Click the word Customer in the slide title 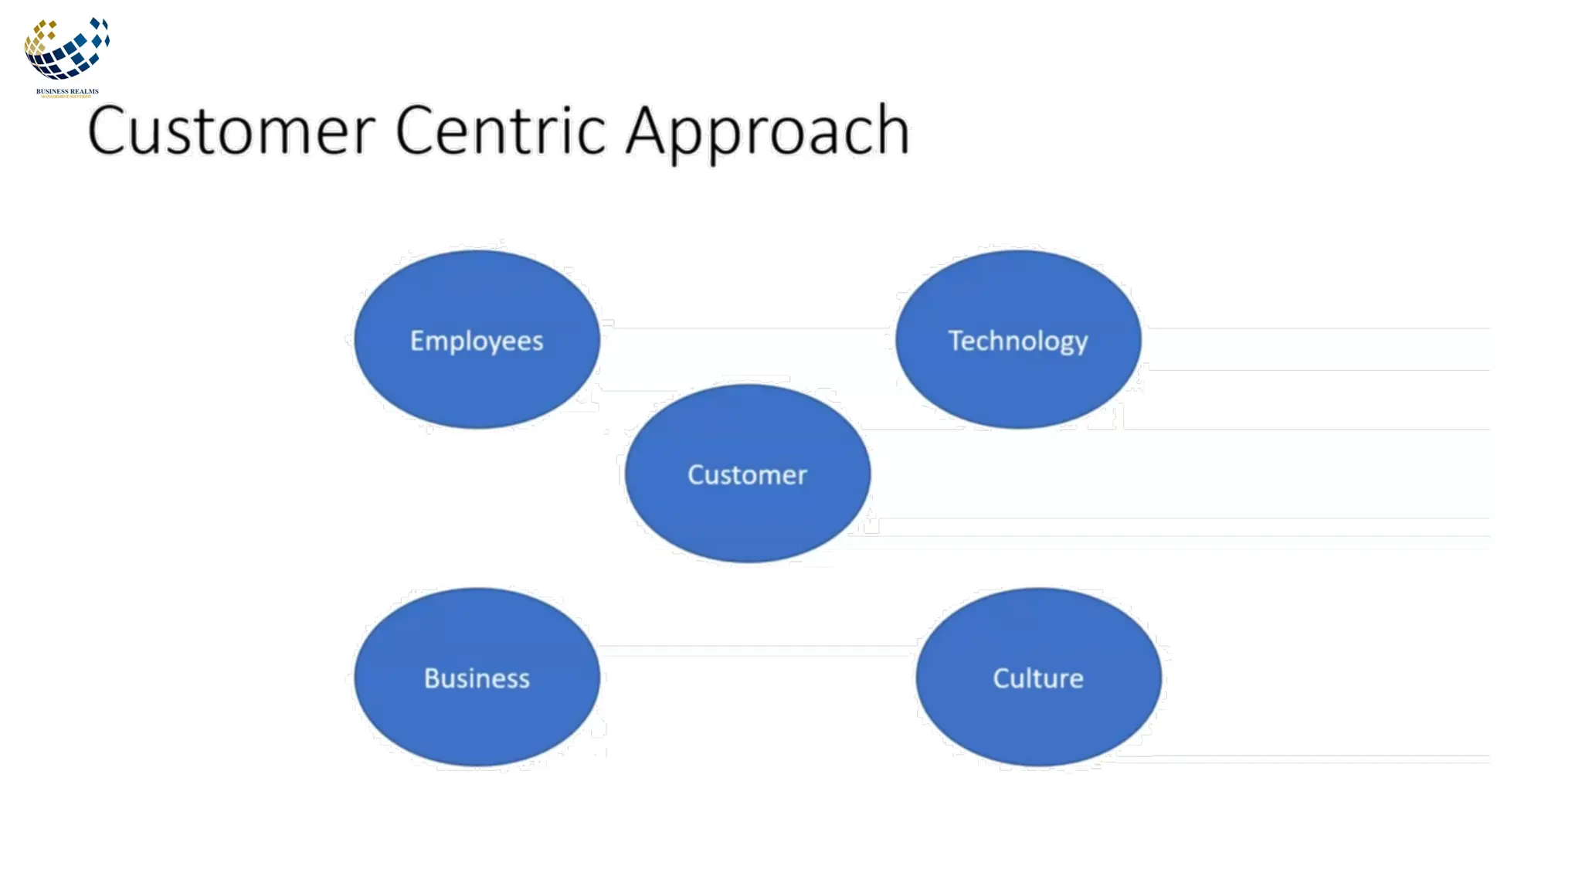tap(231, 131)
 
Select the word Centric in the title tap(501, 131)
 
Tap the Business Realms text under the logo tap(67, 91)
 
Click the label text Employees tap(477, 341)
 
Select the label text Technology tap(1018, 341)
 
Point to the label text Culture tap(1038, 678)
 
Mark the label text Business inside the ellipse tap(477, 678)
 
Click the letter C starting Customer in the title tap(107, 131)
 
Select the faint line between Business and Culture tap(757, 646)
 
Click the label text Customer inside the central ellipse tap(747, 475)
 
